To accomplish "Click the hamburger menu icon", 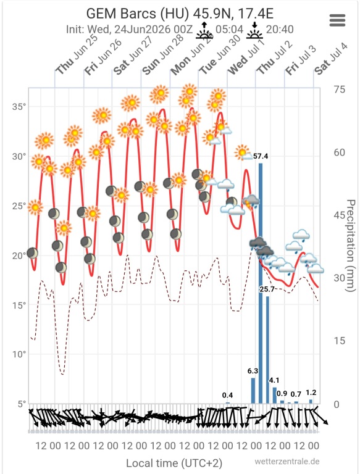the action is pos(337,20).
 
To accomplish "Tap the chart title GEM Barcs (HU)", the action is pos(138,14).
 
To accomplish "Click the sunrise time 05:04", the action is pos(229,30).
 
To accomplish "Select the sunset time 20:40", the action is pos(280,30).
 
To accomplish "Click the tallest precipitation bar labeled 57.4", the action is pos(261,283).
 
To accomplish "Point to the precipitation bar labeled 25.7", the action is pos(268,350).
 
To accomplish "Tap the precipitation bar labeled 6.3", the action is pos(253,391).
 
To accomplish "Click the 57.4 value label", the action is pos(261,156).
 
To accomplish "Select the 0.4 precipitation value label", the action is pos(227,395).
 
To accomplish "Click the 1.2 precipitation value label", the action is pos(311,393).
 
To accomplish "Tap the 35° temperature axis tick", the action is pos(19,107).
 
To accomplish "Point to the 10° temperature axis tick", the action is pos(19,354).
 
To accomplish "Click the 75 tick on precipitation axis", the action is pos(339,89).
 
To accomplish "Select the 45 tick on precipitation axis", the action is pos(340,215).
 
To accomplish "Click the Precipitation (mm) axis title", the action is pos(350,246).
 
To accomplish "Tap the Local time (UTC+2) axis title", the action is pos(174,463).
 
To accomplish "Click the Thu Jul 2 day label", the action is pos(275,57).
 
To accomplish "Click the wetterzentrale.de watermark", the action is pos(287,462).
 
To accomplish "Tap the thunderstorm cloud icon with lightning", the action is pos(251,202).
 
